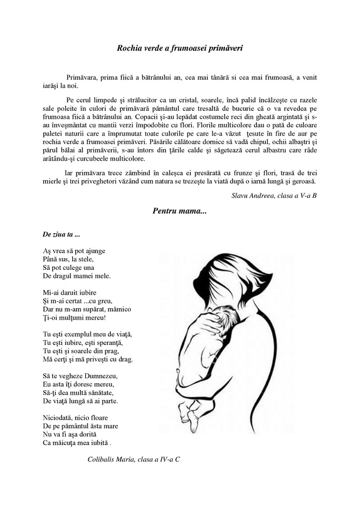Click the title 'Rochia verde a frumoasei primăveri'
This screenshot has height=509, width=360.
point(180,48)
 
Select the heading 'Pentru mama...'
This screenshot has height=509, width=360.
point(180,211)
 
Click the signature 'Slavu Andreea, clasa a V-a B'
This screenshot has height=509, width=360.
point(274,195)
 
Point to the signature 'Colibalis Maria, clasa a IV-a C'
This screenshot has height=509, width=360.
point(134,459)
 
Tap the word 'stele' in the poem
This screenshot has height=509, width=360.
point(85,259)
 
